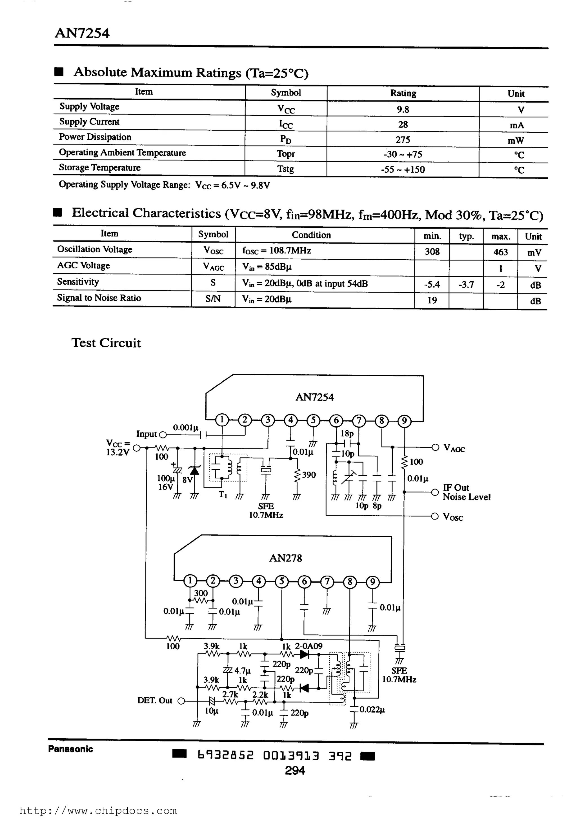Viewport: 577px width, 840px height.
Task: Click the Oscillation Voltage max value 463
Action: tap(500, 252)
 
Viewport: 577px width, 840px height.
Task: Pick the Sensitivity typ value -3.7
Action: tap(466, 284)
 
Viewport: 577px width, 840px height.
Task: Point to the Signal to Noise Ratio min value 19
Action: tap(432, 300)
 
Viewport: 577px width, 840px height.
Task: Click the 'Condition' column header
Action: tap(311, 235)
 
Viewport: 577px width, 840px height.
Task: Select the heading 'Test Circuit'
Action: tap(106, 343)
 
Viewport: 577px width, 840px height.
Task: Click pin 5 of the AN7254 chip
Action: tap(313, 420)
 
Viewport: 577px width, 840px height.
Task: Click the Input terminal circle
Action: tap(162, 435)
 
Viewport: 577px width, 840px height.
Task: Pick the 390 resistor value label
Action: tap(309, 474)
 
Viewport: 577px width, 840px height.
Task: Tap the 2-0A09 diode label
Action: tap(309, 646)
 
